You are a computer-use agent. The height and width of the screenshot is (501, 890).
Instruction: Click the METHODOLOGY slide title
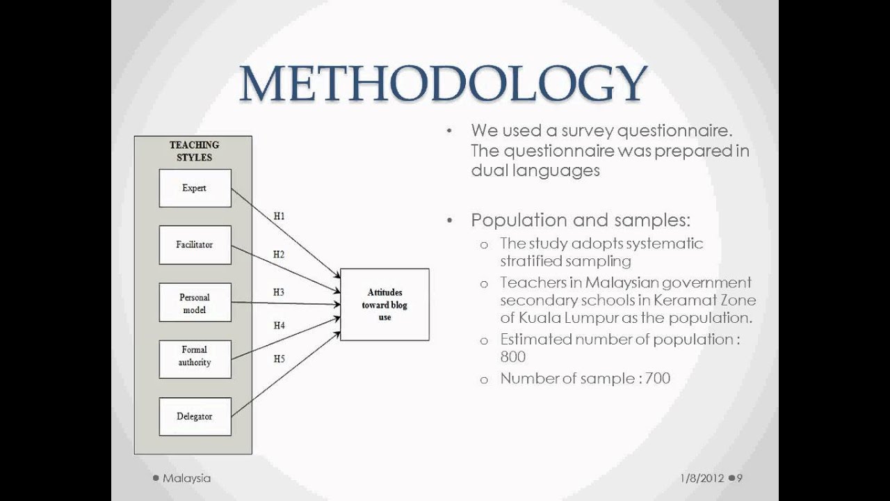click(443, 84)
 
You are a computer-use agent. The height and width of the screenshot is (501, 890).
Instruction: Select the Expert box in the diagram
click(195, 189)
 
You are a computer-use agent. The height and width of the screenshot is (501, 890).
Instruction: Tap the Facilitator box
click(195, 245)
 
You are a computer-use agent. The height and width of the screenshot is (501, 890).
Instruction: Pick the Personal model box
click(195, 303)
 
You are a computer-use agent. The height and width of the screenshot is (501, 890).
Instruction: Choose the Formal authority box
click(195, 356)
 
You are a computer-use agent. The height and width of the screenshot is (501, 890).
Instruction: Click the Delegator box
click(195, 416)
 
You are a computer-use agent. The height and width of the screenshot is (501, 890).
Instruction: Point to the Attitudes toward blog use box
click(385, 305)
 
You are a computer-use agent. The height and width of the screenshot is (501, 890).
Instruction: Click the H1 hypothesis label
click(279, 216)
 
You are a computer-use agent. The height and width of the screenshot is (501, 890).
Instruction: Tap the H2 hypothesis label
click(279, 255)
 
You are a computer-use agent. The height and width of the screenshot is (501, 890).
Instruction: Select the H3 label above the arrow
click(279, 292)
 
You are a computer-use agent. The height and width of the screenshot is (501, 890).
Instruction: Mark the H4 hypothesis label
click(279, 325)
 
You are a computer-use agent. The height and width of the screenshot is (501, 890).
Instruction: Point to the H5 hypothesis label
click(279, 359)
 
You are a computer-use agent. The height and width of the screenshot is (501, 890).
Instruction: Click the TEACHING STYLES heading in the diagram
click(194, 151)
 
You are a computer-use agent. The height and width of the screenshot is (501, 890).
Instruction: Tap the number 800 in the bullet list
click(513, 357)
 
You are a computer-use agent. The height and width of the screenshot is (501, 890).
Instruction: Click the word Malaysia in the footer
click(186, 478)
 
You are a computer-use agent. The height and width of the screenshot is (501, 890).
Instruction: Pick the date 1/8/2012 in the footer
click(702, 478)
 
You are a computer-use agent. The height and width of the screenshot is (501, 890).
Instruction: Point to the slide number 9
click(741, 478)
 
